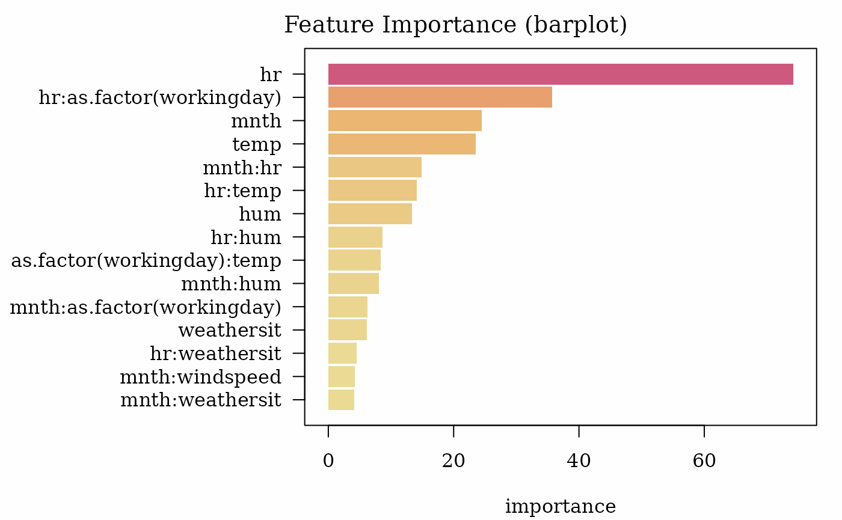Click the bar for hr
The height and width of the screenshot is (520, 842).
click(561, 74)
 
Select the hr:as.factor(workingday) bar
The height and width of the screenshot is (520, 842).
click(440, 97)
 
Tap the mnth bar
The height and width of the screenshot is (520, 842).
click(405, 121)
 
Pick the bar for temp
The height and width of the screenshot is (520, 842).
click(402, 144)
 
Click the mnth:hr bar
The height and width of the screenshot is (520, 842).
click(375, 167)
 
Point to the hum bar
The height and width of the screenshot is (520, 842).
click(370, 214)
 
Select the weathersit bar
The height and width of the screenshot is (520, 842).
click(348, 330)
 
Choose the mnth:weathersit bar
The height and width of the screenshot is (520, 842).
click(341, 400)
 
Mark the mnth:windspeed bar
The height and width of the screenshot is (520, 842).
click(342, 376)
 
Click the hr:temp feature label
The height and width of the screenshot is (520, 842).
click(242, 191)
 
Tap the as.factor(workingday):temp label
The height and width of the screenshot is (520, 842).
click(146, 261)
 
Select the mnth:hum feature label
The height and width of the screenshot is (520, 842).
click(231, 284)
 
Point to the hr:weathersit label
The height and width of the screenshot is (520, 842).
click(215, 353)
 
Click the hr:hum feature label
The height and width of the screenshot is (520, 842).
click(246, 237)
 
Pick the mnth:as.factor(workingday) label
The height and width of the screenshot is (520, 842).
click(146, 307)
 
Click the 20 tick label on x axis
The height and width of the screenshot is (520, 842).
click(453, 460)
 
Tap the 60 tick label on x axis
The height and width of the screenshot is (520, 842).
click(704, 460)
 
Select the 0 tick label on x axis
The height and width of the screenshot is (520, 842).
click(328, 460)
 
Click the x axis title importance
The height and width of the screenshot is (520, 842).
click(561, 506)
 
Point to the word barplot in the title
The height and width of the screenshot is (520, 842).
click(576, 25)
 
